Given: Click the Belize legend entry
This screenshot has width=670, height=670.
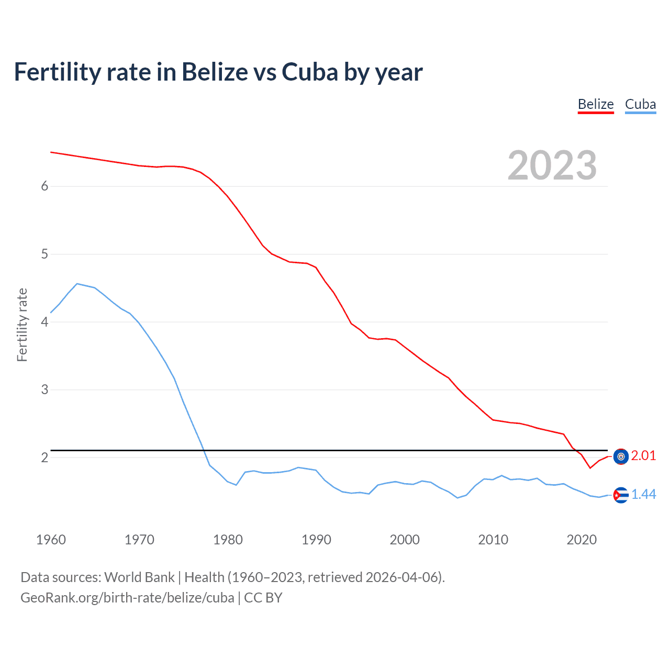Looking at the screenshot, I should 596,104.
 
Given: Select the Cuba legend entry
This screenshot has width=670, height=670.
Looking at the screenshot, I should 640,104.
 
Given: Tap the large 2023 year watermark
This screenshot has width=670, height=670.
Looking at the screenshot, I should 552,165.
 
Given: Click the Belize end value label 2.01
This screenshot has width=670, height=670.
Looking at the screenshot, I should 643,456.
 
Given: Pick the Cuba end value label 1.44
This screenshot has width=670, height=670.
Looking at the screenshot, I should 643,495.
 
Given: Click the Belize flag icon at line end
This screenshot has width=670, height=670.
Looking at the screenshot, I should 621,457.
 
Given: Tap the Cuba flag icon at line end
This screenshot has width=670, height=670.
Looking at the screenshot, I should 621,495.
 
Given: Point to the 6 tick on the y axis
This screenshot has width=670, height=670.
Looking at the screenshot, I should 44,186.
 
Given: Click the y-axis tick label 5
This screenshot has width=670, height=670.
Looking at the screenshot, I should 44,254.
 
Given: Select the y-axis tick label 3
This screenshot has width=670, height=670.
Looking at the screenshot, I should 44,390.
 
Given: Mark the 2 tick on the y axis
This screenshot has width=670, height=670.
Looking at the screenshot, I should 44,458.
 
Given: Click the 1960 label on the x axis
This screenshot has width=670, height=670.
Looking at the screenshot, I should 51,540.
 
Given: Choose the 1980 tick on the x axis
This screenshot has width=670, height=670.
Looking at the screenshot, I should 228,540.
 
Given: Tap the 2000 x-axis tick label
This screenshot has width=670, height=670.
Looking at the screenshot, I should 405,540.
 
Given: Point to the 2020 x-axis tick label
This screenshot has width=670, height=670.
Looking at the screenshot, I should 582,540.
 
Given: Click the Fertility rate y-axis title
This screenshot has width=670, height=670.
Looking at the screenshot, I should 22,325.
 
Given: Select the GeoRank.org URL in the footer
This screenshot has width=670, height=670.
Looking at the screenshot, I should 127,598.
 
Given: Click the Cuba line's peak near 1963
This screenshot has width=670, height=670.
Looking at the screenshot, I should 77,284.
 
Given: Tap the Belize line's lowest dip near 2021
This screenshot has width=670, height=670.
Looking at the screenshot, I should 590,468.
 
